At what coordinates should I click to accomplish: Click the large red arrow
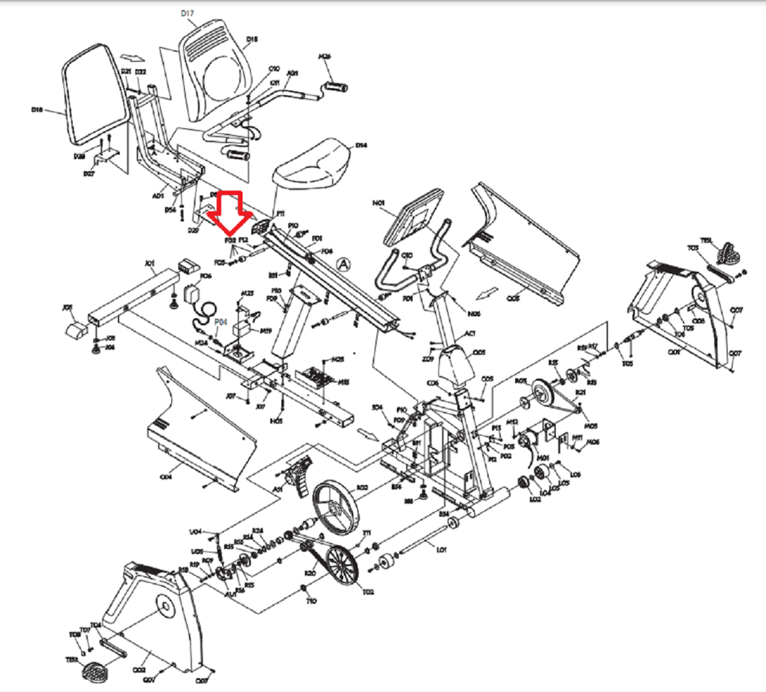coord(229,212)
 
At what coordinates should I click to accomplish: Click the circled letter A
coord(343,264)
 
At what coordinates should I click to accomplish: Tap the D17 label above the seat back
coord(187,13)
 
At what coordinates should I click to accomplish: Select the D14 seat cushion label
coord(361,145)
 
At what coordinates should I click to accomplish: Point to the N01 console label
coord(378,203)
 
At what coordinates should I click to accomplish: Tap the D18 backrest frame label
coord(37,110)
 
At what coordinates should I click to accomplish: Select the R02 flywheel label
coord(362,487)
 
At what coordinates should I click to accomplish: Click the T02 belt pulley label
coord(368,592)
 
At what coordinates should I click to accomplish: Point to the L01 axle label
coord(441,550)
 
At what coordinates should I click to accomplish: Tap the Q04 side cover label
coord(166,477)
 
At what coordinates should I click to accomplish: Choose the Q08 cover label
coord(513,298)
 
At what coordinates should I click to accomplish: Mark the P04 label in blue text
coord(220,322)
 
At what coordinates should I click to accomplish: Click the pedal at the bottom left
coord(96,672)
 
